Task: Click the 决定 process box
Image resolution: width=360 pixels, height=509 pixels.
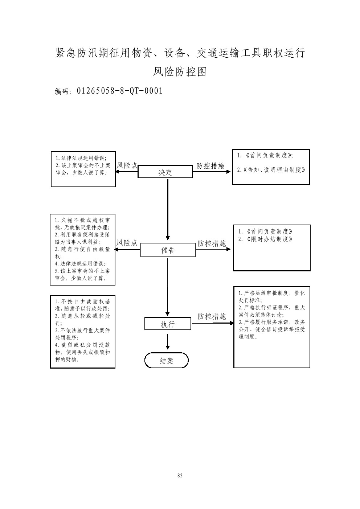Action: (x=165, y=172)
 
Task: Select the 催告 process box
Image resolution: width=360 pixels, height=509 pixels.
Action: (x=168, y=250)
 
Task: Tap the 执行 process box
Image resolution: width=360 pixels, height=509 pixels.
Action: (x=168, y=324)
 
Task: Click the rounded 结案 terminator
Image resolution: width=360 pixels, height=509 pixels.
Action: (x=167, y=361)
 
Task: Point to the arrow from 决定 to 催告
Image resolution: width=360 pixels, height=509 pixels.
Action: (x=168, y=209)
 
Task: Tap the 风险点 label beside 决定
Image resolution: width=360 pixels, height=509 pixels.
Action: (x=127, y=165)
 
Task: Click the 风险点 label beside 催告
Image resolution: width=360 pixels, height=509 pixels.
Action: (x=127, y=242)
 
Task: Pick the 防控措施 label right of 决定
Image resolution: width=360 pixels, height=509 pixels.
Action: (x=210, y=166)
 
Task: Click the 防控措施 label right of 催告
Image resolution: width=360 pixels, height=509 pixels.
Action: (x=212, y=243)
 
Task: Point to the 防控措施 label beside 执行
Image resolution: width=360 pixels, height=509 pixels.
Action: (x=212, y=316)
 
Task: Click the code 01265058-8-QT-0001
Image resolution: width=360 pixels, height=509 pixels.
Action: (x=120, y=91)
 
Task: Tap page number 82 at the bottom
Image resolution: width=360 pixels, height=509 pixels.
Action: (x=180, y=476)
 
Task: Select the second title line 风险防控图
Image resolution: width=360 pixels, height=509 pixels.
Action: (x=180, y=72)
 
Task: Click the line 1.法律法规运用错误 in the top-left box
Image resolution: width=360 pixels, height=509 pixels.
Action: (x=81, y=159)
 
